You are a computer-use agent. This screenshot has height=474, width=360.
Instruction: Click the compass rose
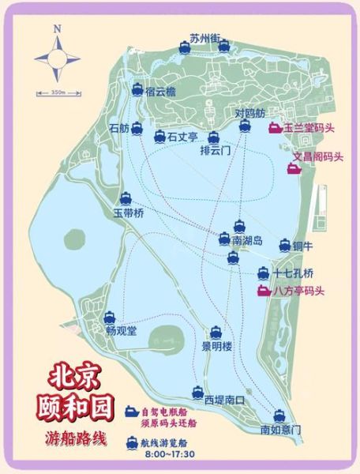click(x=57, y=58)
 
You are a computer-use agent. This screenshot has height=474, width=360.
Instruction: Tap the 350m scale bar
click(x=57, y=93)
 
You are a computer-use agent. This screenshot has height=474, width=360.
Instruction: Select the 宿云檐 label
click(x=160, y=92)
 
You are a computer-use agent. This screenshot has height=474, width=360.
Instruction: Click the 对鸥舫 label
click(x=252, y=114)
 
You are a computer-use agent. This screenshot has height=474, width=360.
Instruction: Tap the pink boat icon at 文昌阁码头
click(x=292, y=168)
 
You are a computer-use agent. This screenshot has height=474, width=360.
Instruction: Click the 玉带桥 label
click(x=125, y=213)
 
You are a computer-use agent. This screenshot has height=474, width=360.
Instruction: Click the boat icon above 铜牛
click(x=285, y=246)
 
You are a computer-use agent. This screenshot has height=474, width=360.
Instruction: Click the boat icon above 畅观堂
click(x=111, y=317)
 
